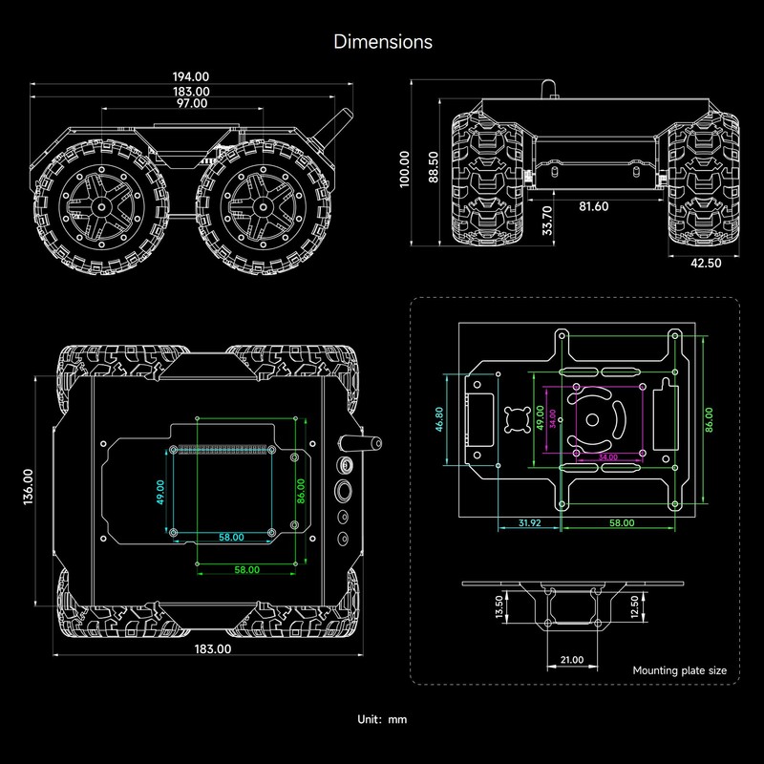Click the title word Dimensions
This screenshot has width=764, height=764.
pos(382,42)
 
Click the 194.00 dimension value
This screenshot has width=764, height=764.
pos(190,75)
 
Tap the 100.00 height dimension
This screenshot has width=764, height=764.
pos(405,167)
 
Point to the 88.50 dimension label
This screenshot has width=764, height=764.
pos(433,167)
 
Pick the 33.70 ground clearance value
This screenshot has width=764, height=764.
pos(547,221)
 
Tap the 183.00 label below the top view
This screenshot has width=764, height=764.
pos(212,648)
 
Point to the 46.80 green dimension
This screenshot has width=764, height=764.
pos(438,420)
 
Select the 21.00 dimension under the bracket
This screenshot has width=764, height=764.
pos(572,660)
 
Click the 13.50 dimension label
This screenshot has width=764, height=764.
pos(499,606)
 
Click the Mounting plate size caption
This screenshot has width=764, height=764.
pos(679,670)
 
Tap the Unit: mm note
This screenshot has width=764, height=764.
pos(382,719)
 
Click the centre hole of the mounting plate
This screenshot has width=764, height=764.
pos(594,418)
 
